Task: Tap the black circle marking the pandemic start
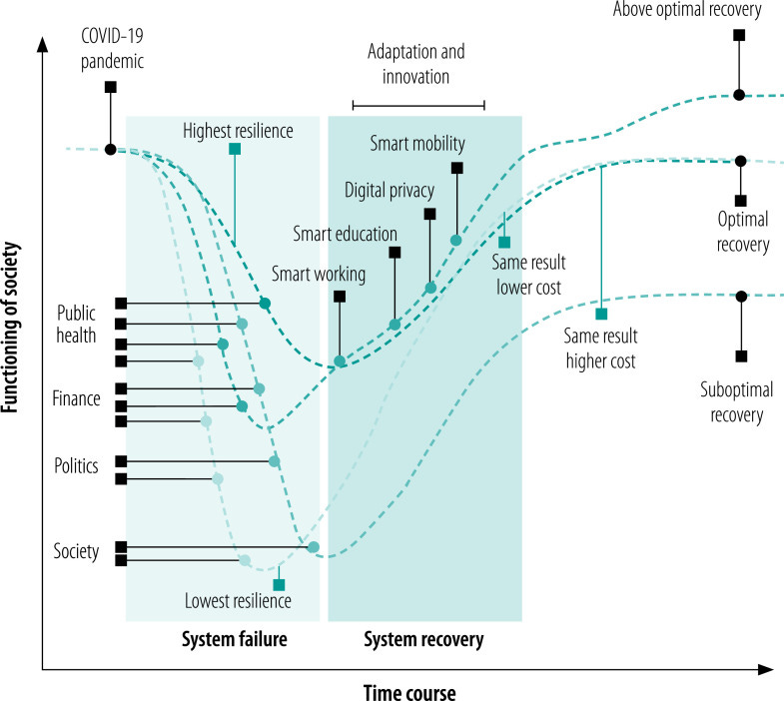[x=110, y=149]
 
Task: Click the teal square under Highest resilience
[x=235, y=149]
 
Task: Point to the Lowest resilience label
[x=238, y=601]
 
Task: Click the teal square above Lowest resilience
[x=279, y=584]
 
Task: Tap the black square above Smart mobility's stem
[x=456, y=168]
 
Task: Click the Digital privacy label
[x=389, y=189]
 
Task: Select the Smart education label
[x=345, y=234]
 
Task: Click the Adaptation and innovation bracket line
[x=417, y=103]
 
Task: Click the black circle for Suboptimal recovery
[x=740, y=296]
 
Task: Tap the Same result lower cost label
[x=527, y=275]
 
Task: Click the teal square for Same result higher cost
[x=601, y=315]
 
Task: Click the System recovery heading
[x=422, y=638]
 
